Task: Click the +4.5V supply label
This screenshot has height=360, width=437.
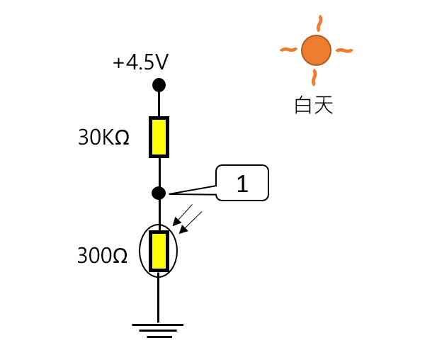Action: [x=140, y=62]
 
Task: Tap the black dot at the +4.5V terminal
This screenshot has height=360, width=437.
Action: [x=159, y=85]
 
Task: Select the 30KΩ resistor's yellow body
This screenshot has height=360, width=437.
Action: [x=159, y=137]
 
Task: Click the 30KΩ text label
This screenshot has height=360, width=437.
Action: [x=103, y=137]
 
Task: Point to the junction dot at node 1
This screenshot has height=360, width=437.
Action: [x=159, y=193]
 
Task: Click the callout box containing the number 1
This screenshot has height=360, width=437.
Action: [x=242, y=184]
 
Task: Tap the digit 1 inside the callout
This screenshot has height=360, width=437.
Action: [x=242, y=184]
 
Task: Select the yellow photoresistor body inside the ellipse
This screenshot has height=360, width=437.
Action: [x=159, y=251]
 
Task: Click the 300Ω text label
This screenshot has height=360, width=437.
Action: [x=103, y=255]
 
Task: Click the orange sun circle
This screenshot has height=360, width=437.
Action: [x=316, y=50]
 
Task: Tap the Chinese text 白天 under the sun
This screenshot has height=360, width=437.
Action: [x=314, y=106]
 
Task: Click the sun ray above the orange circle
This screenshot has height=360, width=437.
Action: [x=319, y=23]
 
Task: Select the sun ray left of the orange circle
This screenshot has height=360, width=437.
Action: [x=288, y=49]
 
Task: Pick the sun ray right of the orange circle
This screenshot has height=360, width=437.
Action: [x=344, y=50]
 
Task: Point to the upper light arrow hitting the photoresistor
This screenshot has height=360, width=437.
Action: [x=183, y=215]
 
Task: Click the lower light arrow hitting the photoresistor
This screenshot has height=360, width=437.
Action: [x=191, y=222]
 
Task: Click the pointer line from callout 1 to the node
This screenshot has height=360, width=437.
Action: [x=193, y=192]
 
